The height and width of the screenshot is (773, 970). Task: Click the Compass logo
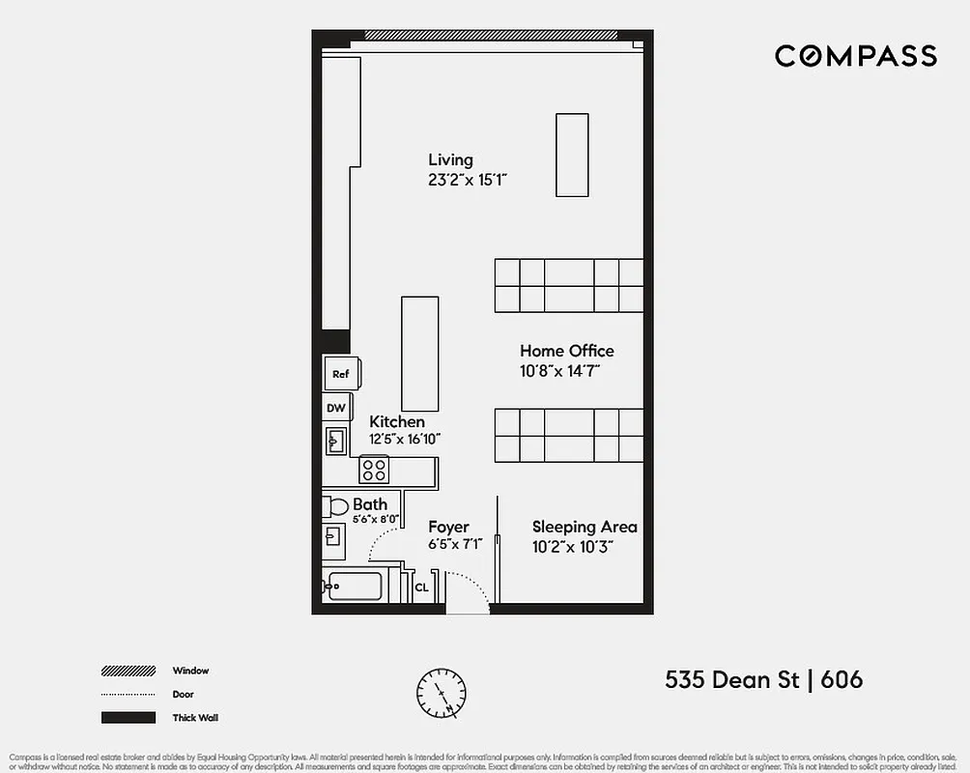click(x=855, y=56)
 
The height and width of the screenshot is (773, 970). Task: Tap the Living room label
click(x=450, y=159)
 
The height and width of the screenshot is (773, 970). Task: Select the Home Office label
click(x=566, y=351)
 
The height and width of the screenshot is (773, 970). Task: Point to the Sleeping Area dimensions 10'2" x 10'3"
click(x=573, y=546)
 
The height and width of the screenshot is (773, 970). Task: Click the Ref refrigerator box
click(x=341, y=374)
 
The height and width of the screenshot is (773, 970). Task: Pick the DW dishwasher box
click(x=335, y=408)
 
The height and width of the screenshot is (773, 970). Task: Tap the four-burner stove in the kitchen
click(x=374, y=471)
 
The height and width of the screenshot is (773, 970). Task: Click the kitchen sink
click(x=335, y=442)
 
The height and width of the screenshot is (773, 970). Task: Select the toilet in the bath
click(x=334, y=506)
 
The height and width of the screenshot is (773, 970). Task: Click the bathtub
click(x=355, y=586)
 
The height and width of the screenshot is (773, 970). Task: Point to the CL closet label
click(x=421, y=587)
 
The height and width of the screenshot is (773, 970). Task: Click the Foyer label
click(x=448, y=527)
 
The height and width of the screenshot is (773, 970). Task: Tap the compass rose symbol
click(x=441, y=693)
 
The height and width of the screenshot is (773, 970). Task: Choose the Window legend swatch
click(x=128, y=671)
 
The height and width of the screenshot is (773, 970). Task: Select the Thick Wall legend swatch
click(x=128, y=717)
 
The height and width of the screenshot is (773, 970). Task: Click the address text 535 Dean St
click(x=731, y=679)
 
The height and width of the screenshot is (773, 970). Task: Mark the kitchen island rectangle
click(x=420, y=355)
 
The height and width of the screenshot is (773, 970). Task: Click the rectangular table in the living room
click(x=572, y=155)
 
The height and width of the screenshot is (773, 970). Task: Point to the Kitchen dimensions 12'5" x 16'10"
click(x=405, y=439)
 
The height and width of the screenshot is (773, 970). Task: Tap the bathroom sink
click(x=332, y=536)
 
